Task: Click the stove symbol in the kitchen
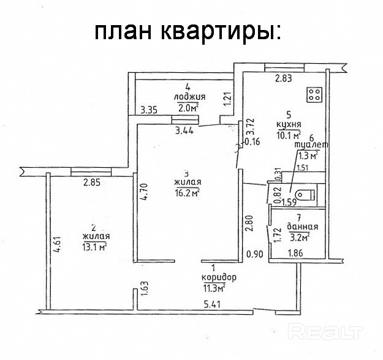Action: (x=314, y=95)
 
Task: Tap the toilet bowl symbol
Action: (x=306, y=195)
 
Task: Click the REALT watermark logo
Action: (x=325, y=331)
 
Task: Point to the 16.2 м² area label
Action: (x=187, y=193)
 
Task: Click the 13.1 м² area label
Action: (x=96, y=247)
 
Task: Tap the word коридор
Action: (x=219, y=277)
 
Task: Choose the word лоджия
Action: (x=189, y=97)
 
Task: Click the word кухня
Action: (x=289, y=124)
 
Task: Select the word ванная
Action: (x=302, y=227)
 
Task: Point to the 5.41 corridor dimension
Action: (x=213, y=304)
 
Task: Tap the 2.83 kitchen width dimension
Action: (x=283, y=78)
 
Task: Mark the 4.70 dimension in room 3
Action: (x=145, y=192)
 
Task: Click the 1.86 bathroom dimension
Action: (x=295, y=253)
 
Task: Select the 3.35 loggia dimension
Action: (x=149, y=110)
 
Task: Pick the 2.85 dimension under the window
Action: (x=92, y=182)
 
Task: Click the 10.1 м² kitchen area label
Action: (x=289, y=135)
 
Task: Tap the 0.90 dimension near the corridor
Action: (x=255, y=254)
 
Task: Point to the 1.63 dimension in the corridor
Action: (x=145, y=289)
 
